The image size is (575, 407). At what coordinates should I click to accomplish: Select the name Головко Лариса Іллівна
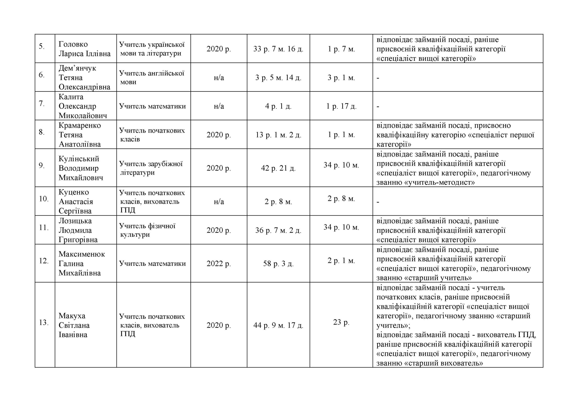coord(84,49)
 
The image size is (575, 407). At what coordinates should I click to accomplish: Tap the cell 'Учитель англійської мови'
coord(152,78)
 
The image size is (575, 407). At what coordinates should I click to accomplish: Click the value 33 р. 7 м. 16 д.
coord(278,49)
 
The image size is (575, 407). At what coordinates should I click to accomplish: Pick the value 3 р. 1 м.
coord(341,78)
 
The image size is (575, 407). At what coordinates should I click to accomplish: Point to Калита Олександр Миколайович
coord(83,106)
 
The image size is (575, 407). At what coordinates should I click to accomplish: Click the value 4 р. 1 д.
coord(278,106)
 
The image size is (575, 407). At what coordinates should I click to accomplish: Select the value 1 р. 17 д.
coord(341,106)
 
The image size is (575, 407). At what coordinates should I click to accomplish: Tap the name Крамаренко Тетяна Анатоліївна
coord(80,135)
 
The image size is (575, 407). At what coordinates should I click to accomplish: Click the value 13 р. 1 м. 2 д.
coord(278,135)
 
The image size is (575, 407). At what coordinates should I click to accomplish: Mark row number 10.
coord(44,199)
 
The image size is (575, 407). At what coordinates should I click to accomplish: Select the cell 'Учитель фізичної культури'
coord(147,230)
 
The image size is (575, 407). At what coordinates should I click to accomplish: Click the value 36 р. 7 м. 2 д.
coord(278,230)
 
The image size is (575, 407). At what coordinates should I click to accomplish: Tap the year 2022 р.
coord(218,264)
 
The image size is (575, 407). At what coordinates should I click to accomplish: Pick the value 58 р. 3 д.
coord(278,264)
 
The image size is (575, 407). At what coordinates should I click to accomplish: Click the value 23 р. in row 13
coord(341,322)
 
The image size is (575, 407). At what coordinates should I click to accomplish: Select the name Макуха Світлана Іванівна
coord(74,325)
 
